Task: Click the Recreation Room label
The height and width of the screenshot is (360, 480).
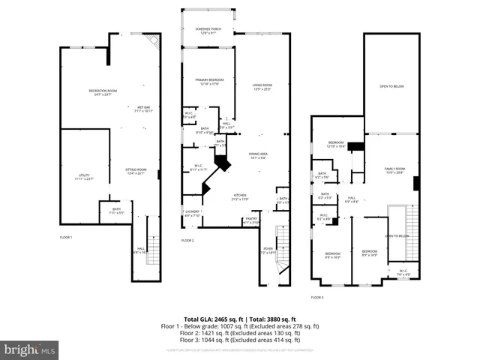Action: (103, 92)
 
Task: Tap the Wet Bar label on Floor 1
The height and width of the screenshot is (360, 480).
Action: (142, 109)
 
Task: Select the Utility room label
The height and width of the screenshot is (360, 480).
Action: (84, 177)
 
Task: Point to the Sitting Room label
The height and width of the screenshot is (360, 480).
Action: (136, 172)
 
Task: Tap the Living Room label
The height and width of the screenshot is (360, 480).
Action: (262, 87)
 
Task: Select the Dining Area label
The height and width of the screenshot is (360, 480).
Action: (259, 155)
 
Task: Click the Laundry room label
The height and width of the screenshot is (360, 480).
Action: (193, 214)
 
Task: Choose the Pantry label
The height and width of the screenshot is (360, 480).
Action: (250, 220)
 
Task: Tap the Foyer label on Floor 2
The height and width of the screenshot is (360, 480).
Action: (268, 252)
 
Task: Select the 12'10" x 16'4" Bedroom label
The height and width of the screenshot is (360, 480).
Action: (335, 144)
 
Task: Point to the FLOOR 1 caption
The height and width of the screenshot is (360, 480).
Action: (66, 237)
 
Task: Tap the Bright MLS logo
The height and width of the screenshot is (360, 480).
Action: (30, 349)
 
